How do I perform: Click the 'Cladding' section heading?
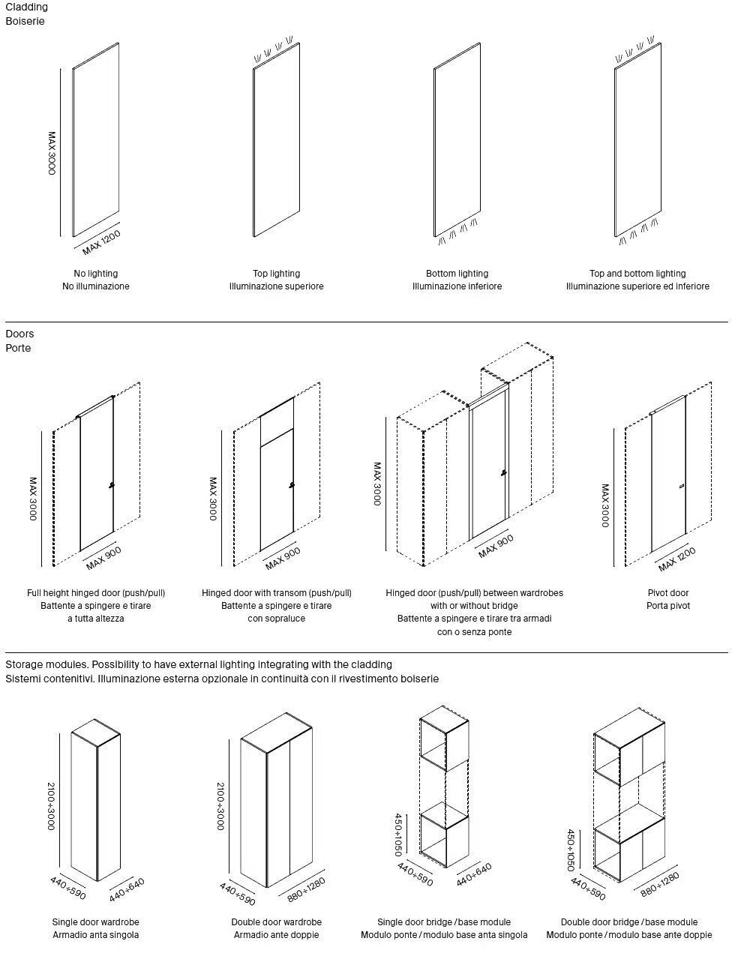tap(26, 7)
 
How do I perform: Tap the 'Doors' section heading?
tap(19, 334)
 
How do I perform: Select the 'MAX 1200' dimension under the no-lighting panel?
tap(101, 241)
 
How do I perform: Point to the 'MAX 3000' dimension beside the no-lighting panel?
tap(52, 153)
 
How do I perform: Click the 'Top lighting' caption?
tap(276, 274)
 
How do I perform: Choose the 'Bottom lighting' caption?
tap(457, 274)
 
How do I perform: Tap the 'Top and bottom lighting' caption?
tap(637, 274)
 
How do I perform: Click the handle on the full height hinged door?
tap(111, 486)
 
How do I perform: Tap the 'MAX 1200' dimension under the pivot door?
tap(676, 559)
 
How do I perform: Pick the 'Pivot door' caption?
tap(668, 593)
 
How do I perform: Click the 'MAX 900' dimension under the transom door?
tap(283, 558)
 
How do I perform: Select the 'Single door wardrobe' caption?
tap(96, 922)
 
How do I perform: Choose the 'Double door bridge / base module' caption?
tap(629, 922)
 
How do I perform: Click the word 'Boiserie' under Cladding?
tap(25, 21)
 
